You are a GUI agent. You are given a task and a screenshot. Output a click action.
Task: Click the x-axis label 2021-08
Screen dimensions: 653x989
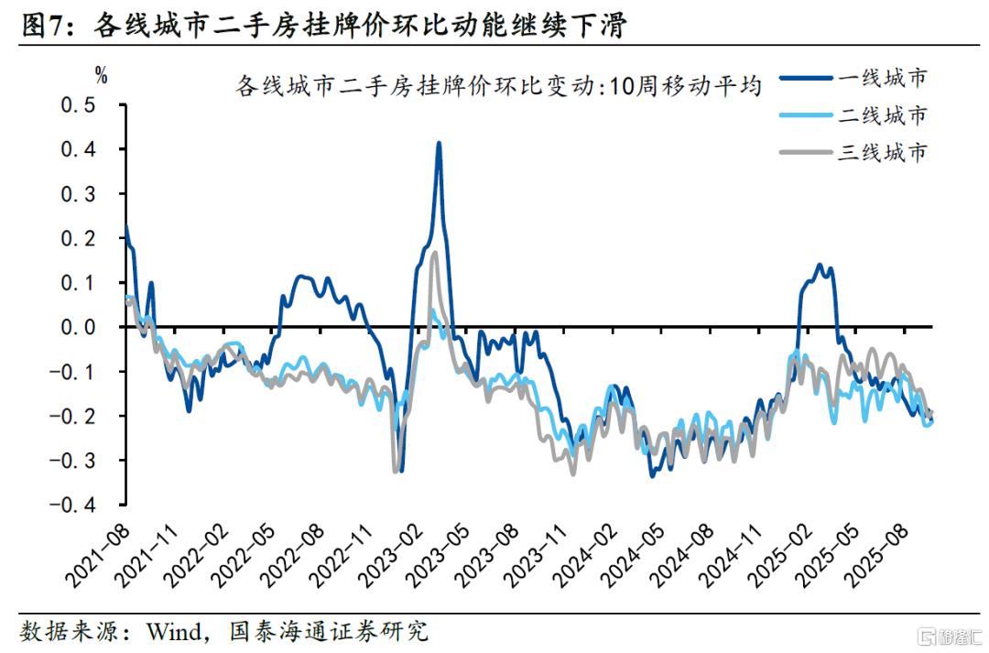97,553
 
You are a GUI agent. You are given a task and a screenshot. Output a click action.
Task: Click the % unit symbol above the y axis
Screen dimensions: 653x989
101,77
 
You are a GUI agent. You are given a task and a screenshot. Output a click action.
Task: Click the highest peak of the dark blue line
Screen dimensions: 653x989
439,144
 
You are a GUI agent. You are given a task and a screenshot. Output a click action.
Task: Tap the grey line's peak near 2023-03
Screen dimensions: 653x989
434,253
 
